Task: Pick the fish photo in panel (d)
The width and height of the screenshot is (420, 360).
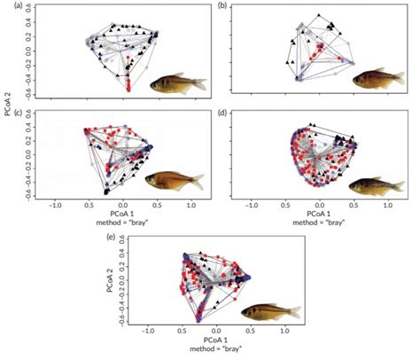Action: click(x=373, y=185)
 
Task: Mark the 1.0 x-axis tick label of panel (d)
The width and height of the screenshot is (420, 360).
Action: click(x=386, y=204)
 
